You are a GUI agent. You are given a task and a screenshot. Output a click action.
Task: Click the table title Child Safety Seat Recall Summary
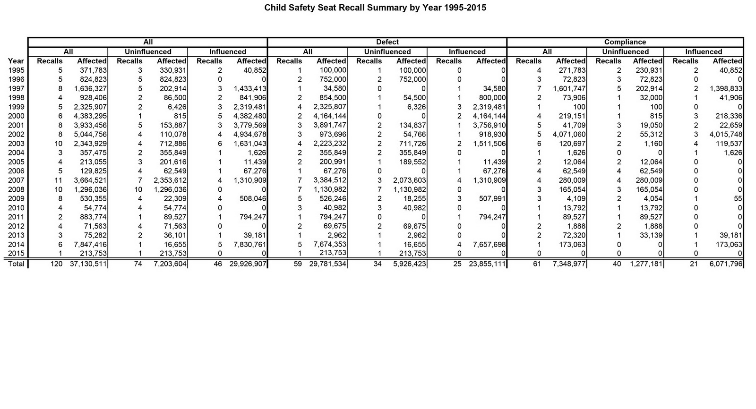pyautogui.click(x=375, y=8)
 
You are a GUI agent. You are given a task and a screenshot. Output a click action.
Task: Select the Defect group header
pyautogui.click(x=387, y=42)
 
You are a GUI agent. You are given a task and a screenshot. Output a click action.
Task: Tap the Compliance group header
pyautogui.click(x=625, y=42)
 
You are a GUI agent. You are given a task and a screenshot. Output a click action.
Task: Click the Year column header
pyautogui.click(x=16, y=61)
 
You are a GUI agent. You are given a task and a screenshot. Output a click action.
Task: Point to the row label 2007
pyautogui.click(x=16, y=180)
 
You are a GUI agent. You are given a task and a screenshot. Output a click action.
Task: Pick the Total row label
pyautogui.click(x=16, y=264)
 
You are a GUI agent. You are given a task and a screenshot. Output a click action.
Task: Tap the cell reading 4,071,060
pyautogui.click(x=570, y=134)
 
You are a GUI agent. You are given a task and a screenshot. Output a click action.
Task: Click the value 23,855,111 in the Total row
pyautogui.click(x=487, y=264)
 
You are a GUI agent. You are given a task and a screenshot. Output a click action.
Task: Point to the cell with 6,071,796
pyautogui.click(x=726, y=264)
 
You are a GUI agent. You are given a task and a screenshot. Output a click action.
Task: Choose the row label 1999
pyautogui.click(x=16, y=107)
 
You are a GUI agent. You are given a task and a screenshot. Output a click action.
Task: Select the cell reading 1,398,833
pyautogui.click(x=726, y=88)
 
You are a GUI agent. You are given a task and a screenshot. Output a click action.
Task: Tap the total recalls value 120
pyautogui.click(x=56, y=264)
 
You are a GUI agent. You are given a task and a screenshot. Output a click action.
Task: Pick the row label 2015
pyautogui.click(x=16, y=254)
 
